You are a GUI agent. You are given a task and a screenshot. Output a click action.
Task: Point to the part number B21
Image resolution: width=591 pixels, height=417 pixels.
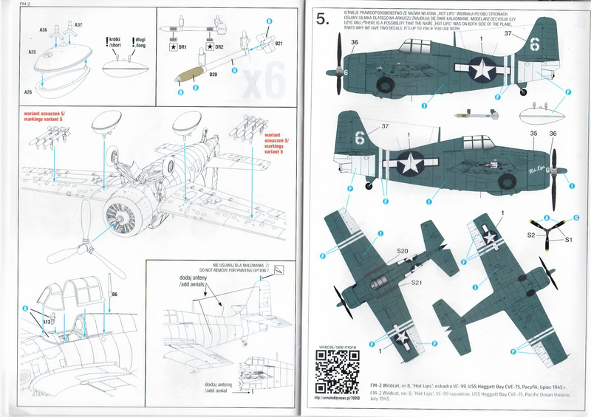coord(279,44)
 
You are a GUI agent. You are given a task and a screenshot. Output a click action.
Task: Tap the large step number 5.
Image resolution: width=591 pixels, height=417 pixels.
coord(321,20)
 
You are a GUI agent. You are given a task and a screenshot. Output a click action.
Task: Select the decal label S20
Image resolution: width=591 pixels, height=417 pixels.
coord(402,251)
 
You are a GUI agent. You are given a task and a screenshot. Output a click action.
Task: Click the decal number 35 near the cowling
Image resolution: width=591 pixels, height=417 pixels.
coord(533,134)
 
